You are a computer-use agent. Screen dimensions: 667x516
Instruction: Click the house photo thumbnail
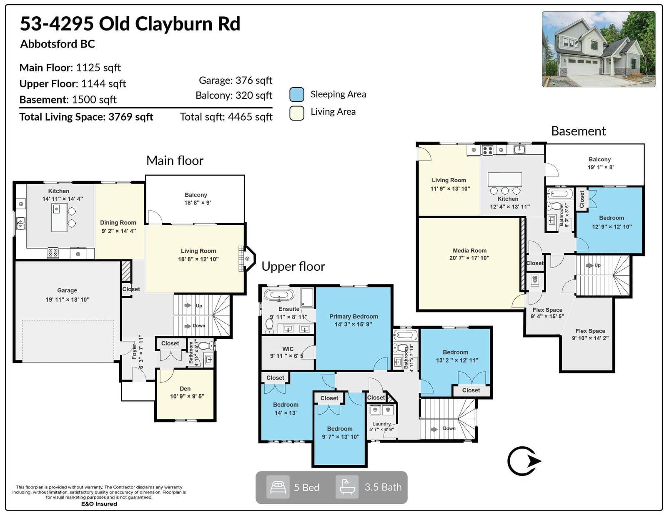(598, 49)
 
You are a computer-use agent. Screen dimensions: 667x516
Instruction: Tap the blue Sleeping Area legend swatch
(297, 95)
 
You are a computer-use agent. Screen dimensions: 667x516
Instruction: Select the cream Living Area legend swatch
(297, 113)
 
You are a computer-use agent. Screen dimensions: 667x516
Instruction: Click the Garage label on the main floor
(67, 291)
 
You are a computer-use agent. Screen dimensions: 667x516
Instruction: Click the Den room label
(185, 389)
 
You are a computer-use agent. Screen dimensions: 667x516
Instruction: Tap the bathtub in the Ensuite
(279, 295)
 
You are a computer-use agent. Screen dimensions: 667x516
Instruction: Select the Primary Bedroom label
(354, 316)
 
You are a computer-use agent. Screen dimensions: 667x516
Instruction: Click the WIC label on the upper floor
(288, 349)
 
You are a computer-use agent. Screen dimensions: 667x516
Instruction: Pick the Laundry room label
(381, 424)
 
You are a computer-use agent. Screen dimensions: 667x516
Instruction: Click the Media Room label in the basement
(470, 251)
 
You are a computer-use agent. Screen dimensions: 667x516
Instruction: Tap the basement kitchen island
(505, 179)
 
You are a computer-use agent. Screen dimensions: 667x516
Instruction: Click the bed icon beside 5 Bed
(278, 487)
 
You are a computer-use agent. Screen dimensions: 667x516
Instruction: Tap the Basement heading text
(578, 131)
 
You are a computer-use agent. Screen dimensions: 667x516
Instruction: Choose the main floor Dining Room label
(118, 223)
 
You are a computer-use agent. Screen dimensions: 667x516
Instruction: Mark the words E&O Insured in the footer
(99, 504)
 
